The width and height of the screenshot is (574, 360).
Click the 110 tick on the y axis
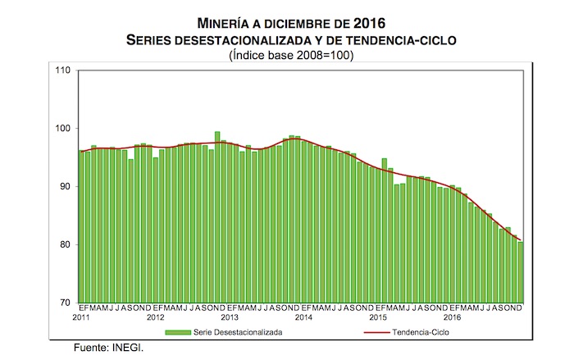(62, 71)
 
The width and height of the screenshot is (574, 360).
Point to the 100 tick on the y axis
(62, 129)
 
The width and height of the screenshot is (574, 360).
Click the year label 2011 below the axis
(80, 317)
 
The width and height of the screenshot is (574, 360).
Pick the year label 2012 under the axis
(155, 317)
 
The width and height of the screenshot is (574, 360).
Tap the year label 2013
(229, 317)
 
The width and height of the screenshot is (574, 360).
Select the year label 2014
(303, 317)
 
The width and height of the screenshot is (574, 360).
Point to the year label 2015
(377, 317)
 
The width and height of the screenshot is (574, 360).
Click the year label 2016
(452, 317)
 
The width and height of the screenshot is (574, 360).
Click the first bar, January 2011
(81, 226)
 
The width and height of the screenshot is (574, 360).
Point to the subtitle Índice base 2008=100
(286, 55)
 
